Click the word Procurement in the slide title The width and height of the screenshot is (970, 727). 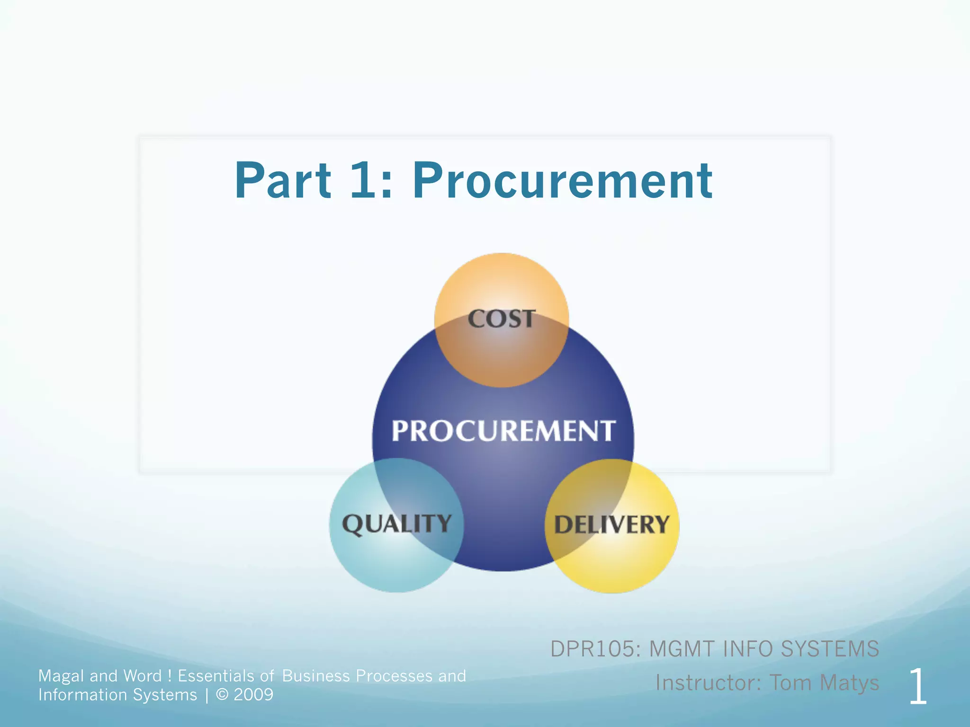562,181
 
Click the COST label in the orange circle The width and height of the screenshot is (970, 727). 502,319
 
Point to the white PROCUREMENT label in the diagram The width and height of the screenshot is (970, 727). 503,431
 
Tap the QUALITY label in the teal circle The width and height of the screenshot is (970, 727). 397,524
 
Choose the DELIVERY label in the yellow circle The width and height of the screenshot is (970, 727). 612,525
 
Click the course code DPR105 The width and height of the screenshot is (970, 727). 595,649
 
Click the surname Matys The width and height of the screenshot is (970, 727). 849,683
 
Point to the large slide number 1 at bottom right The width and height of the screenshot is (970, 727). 917,687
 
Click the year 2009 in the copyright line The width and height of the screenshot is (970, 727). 253,695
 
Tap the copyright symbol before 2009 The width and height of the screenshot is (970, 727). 222,695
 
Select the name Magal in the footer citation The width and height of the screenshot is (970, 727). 61,676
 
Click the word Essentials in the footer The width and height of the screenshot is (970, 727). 216,676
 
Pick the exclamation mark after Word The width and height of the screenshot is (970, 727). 170,676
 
